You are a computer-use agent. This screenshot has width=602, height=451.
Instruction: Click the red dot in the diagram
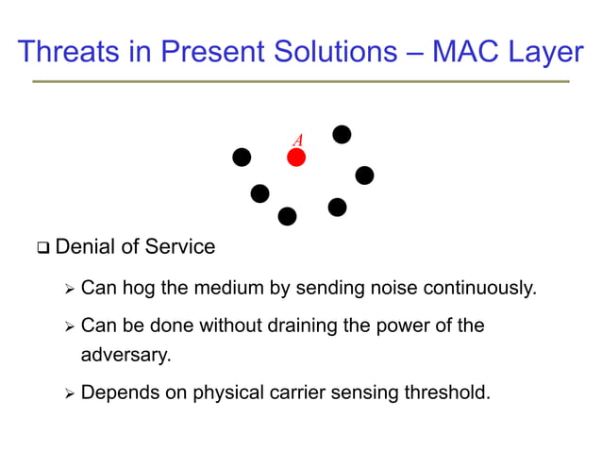tap(296, 158)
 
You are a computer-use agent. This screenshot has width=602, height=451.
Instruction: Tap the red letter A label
tap(297, 141)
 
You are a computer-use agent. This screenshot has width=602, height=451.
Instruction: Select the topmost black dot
tap(343, 135)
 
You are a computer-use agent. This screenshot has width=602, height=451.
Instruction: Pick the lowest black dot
tap(288, 217)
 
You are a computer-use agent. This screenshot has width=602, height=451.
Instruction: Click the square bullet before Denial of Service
tap(42, 249)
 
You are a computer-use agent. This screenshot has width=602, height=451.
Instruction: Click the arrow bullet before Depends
tap(68, 393)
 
